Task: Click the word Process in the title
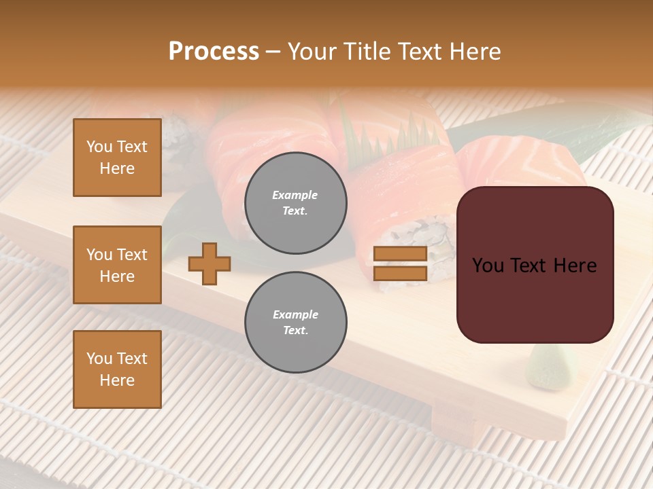point(214,52)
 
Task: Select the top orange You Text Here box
point(117,158)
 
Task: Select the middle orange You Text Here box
point(117,265)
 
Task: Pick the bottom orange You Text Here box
point(117,369)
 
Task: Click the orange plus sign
point(210,264)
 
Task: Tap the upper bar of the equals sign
point(400,254)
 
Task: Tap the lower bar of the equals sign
point(400,273)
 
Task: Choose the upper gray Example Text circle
point(295,203)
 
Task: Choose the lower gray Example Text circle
point(295,322)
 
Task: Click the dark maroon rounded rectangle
point(535,299)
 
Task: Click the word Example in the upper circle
point(295,195)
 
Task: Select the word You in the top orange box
point(99,147)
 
